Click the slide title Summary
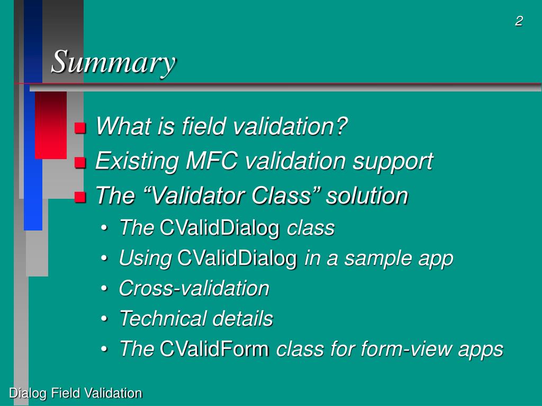pyautogui.click(x=113, y=62)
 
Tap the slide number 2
pyautogui.click(x=519, y=21)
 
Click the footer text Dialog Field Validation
pyautogui.click(x=75, y=393)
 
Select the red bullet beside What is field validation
pyautogui.click(x=80, y=128)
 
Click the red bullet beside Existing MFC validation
pyautogui.click(x=80, y=163)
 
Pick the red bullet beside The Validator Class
pyautogui.click(x=80, y=197)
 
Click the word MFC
pyautogui.click(x=212, y=161)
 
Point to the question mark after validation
pyautogui.click(x=341, y=126)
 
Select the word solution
pyautogui.click(x=367, y=196)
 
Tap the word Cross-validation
pyautogui.click(x=194, y=288)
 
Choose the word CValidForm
pyautogui.click(x=214, y=348)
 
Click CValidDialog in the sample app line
pyautogui.click(x=237, y=258)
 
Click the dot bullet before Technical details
pyautogui.click(x=104, y=319)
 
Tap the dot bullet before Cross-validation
pyautogui.click(x=104, y=289)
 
